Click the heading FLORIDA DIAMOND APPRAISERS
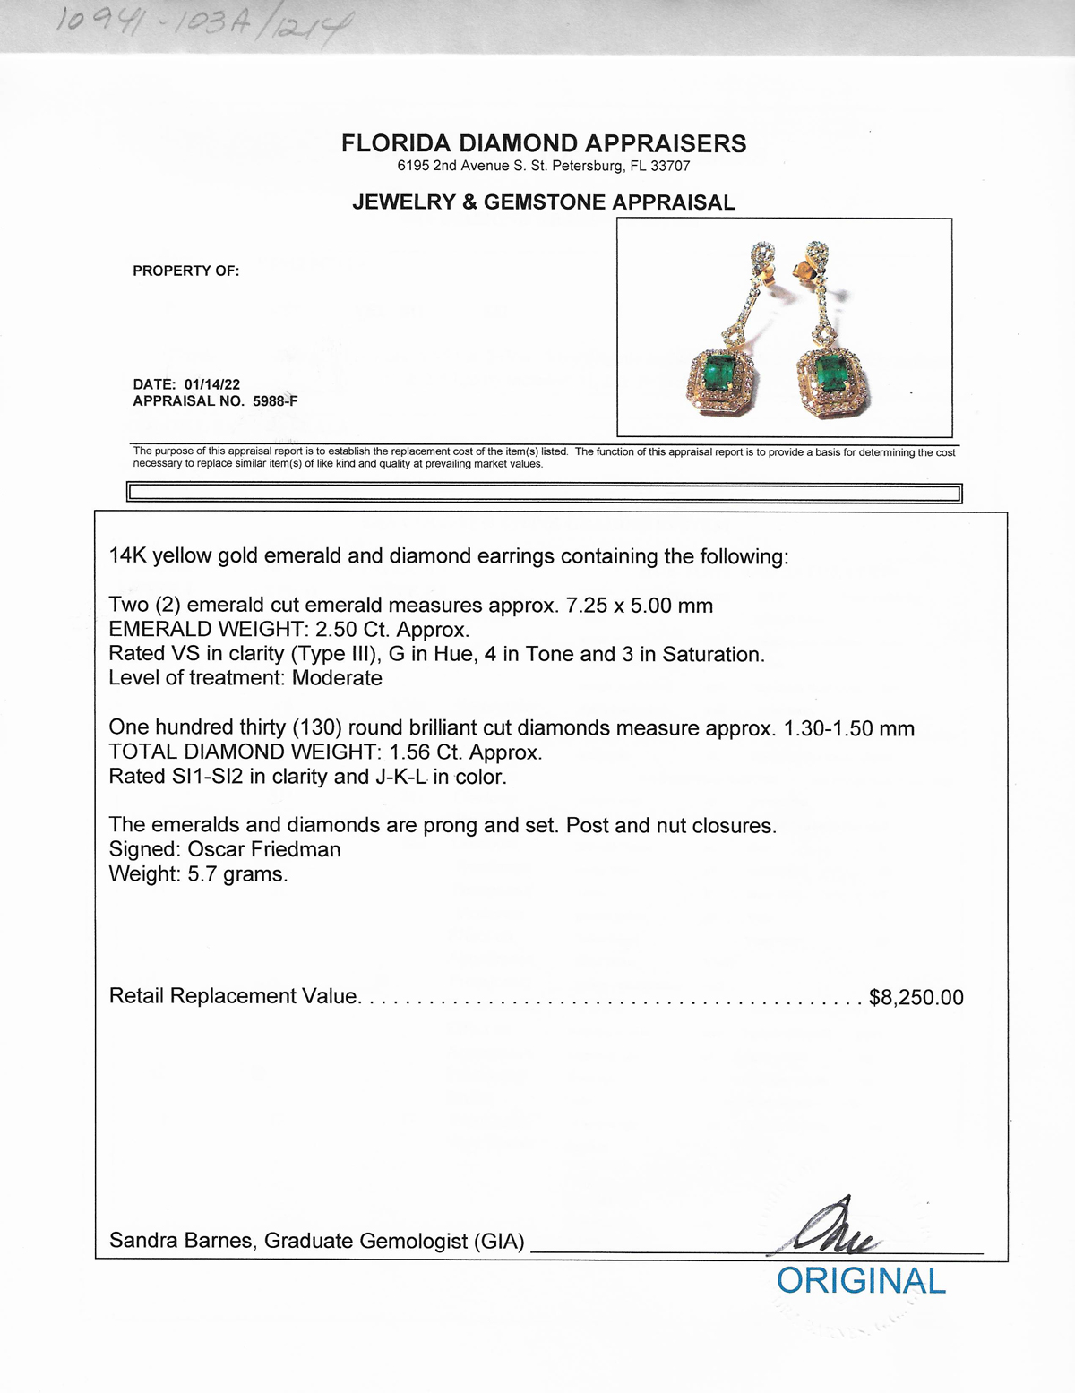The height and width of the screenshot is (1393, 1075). [544, 143]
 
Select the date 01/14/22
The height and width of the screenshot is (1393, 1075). [212, 384]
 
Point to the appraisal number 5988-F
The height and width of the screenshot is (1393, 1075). [275, 400]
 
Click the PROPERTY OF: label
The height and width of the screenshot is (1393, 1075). [186, 271]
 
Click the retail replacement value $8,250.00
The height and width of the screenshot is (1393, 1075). [916, 997]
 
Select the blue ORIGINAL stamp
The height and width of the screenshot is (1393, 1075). [861, 1281]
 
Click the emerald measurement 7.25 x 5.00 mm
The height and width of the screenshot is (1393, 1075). [640, 606]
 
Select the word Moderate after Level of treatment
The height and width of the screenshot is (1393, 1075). [337, 678]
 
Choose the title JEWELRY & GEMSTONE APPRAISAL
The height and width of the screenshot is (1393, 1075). [544, 202]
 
